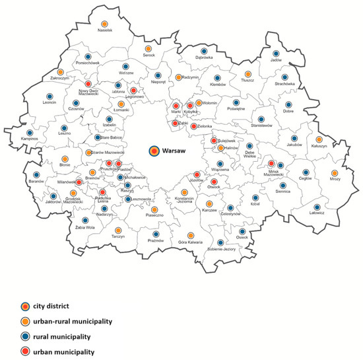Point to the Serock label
149,55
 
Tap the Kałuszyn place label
319,149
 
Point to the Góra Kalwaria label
191,244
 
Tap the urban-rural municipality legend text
67,321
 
